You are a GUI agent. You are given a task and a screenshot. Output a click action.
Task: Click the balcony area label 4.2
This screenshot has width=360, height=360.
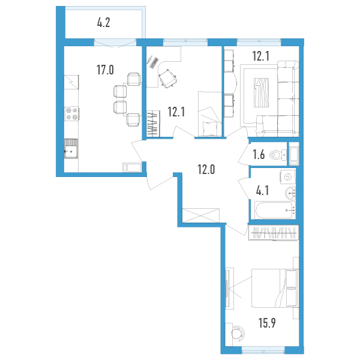[104, 23]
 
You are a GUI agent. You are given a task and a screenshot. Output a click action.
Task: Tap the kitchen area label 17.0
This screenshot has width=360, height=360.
[105, 70]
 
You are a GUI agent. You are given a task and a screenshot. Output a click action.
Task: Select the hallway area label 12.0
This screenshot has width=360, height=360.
[206, 170]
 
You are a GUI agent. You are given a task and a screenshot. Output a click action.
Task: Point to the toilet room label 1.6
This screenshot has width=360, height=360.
[259, 155]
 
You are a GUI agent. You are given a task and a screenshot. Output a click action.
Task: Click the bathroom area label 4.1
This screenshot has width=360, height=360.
[262, 191]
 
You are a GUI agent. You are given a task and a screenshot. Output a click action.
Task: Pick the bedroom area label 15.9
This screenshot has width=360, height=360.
[267, 323]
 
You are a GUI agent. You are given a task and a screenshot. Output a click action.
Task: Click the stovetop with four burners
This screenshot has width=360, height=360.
[71, 113]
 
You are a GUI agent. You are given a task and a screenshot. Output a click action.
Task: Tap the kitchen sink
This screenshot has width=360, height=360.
[71, 148]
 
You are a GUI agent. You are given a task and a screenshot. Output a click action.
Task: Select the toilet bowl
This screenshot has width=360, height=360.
[278, 155]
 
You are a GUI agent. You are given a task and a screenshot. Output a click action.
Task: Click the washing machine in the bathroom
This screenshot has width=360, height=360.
[287, 177]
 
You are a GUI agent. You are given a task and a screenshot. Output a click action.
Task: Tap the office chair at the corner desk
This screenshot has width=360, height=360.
[168, 77]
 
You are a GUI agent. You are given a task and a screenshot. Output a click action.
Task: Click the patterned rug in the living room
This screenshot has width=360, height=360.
[261, 92]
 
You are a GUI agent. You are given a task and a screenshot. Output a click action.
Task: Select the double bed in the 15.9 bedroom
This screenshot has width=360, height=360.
[275, 288]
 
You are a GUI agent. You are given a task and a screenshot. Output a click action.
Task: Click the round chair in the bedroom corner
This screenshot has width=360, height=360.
[237, 332]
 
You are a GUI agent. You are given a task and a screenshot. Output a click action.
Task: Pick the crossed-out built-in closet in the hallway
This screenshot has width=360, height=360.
[200, 215]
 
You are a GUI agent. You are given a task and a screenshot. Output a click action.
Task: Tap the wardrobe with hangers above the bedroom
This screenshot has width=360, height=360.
[274, 233]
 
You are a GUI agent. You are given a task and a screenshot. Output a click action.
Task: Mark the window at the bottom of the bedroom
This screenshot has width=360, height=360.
[263, 350]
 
